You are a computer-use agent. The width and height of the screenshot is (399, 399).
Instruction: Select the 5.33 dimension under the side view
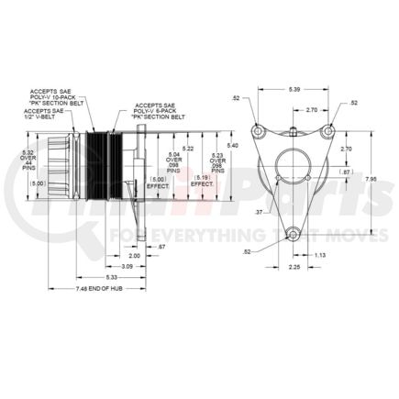point(111,277)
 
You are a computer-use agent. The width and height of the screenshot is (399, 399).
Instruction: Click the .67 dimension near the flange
point(161,247)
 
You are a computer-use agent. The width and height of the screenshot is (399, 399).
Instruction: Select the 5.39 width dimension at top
point(292,91)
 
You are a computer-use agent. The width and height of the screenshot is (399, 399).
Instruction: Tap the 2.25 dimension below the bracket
point(293,268)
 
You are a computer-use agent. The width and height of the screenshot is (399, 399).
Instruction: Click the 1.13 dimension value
point(319,256)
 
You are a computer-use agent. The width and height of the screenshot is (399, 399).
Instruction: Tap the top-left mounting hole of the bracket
point(260,128)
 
